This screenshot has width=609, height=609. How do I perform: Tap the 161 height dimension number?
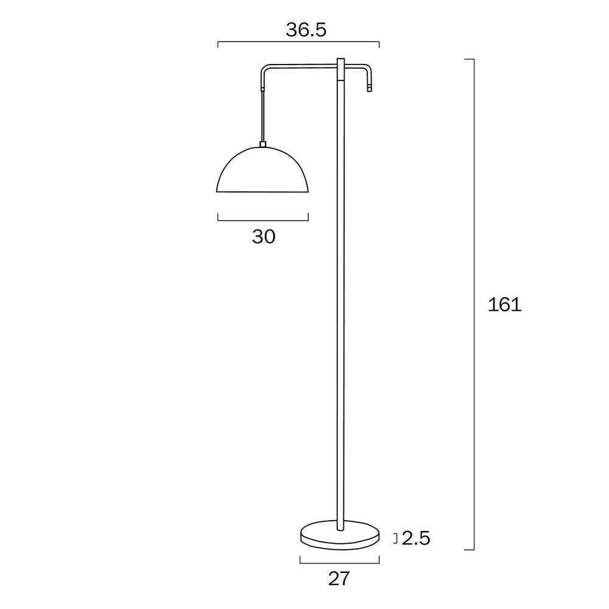tap(505, 304)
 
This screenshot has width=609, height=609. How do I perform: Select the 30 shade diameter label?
tap(264, 237)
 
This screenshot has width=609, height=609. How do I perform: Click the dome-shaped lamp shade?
tap(263, 172)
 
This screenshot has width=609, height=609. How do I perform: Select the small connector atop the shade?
tap(262, 144)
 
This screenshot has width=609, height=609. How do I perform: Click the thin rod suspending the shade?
tap(262, 116)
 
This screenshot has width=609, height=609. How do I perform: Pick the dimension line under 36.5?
tap(298, 43)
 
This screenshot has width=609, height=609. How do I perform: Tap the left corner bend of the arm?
tap(263, 69)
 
